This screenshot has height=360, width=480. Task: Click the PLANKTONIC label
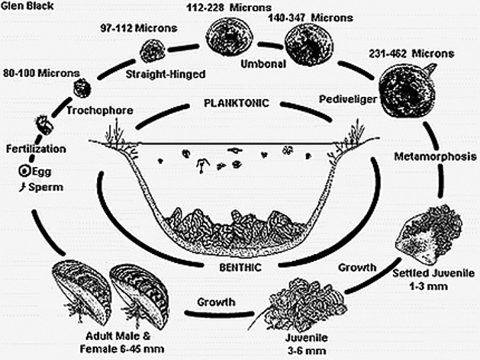tap(237, 103)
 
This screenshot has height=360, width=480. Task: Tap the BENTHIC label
tap(240, 267)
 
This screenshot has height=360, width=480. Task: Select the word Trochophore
tap(100, 111)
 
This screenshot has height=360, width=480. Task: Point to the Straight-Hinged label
tap(166, 74)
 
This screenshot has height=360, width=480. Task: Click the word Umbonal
tap(263, 64)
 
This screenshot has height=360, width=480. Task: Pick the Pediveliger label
tap(348, 99)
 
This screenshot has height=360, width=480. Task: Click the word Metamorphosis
tap(435, 156)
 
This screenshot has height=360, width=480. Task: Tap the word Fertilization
tap(36, 149)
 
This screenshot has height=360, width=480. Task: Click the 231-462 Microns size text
tap(411, 54)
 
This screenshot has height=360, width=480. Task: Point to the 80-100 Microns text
tap(41, 73)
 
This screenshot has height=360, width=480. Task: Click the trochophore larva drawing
tap(82, 88)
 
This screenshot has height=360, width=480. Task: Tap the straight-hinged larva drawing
tap(153, 51)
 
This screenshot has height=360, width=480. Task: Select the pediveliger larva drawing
tap(408, 90)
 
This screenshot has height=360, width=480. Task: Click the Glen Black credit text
tap(27, 5)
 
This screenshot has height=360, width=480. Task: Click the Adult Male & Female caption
tap(122, 342)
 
